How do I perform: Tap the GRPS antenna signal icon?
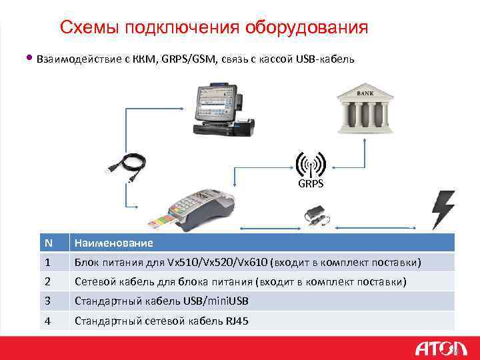[310, 164]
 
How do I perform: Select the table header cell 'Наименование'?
[113, 243]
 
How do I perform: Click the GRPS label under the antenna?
[310, 183]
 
